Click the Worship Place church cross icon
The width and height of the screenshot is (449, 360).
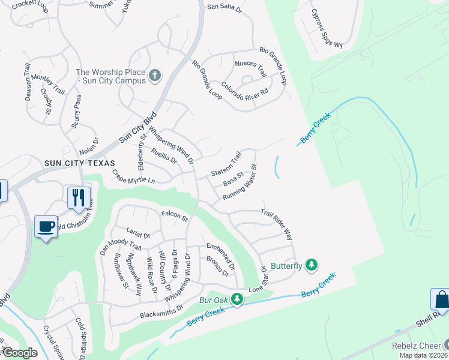[155, 76]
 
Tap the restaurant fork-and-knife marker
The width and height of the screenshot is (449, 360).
[79, 197]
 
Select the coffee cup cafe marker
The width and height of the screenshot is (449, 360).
[46, 226]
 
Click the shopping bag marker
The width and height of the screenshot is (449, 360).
[441, 299]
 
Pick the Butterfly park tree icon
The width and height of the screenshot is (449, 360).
[311, 265]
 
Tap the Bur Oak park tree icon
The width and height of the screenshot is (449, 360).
[238, 299]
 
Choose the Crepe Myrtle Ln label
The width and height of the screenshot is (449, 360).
[133, 176]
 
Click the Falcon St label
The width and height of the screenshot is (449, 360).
[175, 217]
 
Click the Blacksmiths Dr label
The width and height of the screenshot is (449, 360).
[161, 313]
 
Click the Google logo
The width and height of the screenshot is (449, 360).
[20, 353]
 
